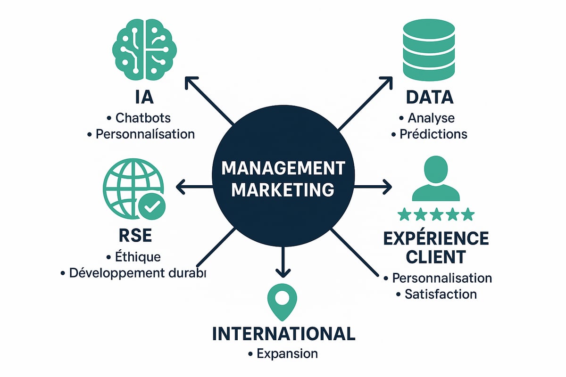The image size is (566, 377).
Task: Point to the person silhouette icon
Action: [x=435, y=180]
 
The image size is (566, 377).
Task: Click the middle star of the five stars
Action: [x=435, y=215]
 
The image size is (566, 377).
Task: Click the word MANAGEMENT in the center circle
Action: [x=283, y=168]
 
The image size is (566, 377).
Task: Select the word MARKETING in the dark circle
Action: [x=283, y=190]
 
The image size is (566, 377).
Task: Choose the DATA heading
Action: [x=429, y=97]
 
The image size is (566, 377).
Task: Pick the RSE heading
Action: [x=133, y=235]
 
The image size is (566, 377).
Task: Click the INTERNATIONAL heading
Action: [x=283, y=334]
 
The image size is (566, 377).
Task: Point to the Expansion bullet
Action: [x=283, y=353]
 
